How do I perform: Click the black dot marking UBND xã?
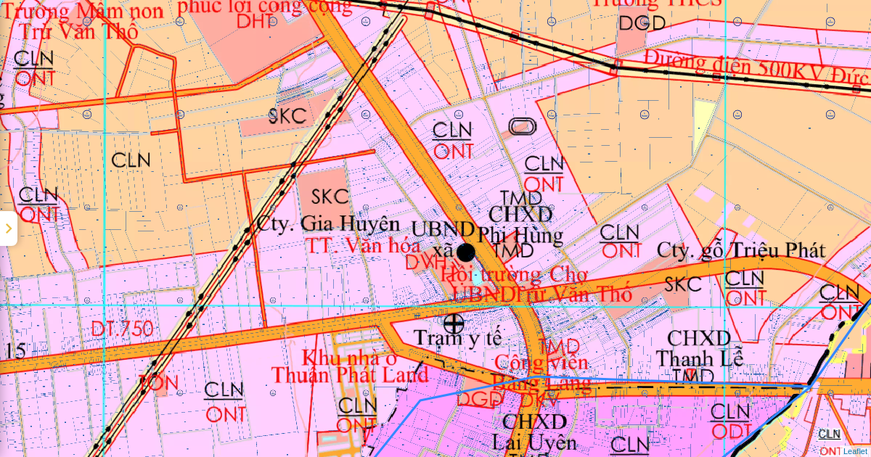point(466,252)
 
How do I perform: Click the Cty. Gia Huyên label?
point(328,223)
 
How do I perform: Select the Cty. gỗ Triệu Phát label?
point(741,250)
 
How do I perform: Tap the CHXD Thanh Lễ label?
point(698,348)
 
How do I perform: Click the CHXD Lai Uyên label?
point(534,432)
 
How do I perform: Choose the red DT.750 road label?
point(122,329)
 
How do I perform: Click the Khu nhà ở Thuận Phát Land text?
point(350,366)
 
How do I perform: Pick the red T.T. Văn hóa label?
point(362,245)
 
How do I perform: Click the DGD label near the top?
point(642,23)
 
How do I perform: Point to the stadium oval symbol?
point(523,127)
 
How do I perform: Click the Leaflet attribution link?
point(855,450)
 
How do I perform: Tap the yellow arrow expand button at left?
point(8,228)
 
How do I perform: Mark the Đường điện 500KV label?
point(755,68)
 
